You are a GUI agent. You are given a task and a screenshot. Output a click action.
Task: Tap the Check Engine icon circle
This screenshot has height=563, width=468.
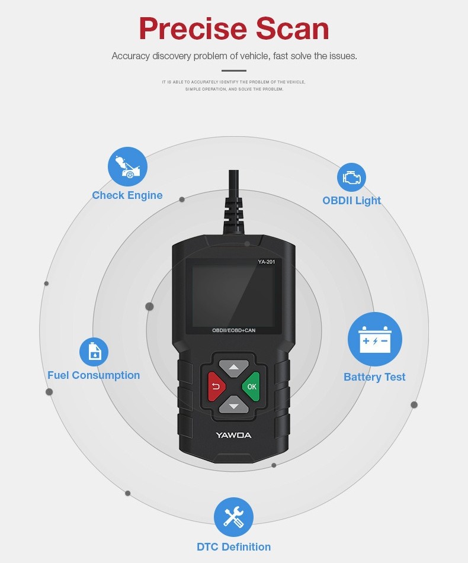[x=127, y=167]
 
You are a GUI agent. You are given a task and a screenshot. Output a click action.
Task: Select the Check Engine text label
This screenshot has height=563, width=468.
[x=127, y=195]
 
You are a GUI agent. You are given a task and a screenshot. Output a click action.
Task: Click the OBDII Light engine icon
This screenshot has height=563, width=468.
[x=351, y=178]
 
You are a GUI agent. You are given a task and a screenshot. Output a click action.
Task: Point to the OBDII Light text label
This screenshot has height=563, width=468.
[x=351, y=201]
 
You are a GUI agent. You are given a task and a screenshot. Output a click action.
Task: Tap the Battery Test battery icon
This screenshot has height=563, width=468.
[x=374, y=340]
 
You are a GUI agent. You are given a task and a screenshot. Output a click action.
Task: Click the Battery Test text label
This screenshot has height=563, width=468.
[x=374, y=377]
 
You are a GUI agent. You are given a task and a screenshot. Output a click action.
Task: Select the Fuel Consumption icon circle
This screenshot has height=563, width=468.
[x=94, y=352]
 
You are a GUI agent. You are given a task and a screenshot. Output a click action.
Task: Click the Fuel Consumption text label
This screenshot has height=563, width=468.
[x=94, y=375]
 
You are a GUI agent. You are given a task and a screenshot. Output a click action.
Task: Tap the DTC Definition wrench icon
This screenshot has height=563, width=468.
[x=233, y=517]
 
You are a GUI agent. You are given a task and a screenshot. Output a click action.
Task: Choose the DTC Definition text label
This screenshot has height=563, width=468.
[x=233, y=547]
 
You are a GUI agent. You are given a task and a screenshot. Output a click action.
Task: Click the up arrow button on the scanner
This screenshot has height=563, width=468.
[x=234, y=367]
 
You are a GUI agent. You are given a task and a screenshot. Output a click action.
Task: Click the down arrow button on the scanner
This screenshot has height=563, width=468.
[x=234, y=406]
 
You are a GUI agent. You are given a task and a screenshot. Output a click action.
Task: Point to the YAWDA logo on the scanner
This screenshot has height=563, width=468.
[x=233, y=435]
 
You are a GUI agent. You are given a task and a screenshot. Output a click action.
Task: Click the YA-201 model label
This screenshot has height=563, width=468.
[x=266, y=262]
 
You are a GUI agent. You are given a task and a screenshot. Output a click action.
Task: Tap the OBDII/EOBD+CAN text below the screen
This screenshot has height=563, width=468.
[x=233, y=330]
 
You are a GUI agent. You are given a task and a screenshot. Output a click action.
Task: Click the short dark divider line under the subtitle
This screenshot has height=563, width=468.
[x=234, y=70]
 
